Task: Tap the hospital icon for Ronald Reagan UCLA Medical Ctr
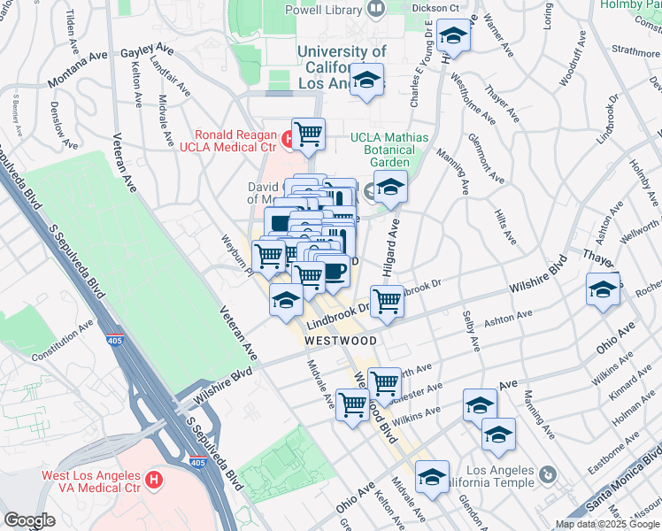(288, 138)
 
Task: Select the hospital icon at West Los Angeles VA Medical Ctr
(155, 481)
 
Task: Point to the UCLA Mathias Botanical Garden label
(389, 150)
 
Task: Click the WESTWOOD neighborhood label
(341, 341)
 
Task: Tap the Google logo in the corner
(29, 520)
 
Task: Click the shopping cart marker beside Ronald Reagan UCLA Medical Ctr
(308, 135)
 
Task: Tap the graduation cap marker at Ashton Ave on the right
(603, 289)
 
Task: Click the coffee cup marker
(333, 270)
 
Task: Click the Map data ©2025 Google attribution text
(606, 524)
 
